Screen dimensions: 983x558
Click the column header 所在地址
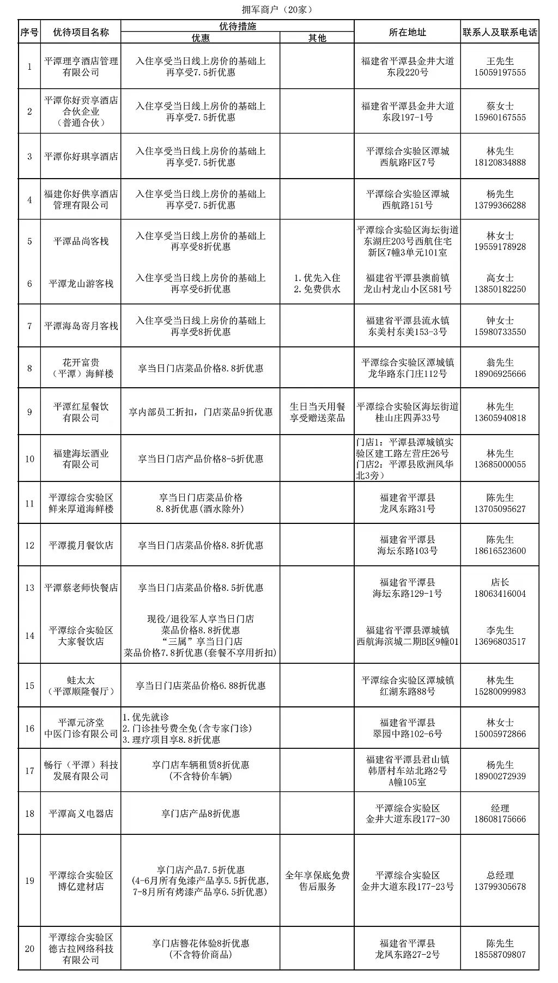pyautogui.click(x=407, y=32)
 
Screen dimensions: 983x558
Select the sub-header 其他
pyautogui.click(x=317, y=38)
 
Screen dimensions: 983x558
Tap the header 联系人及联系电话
pyautogui.click(x=500, y=32)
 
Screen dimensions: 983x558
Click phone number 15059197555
pyautogui.click(x=500, y=72)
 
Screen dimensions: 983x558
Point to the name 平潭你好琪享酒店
pyautogui.click(x=81, y=156)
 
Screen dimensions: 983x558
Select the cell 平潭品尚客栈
pyautogui.click(x=81, y=241)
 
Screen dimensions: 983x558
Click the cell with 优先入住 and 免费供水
pyautogui.click(x=317, y=284)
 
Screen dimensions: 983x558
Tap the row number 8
pyautogui.click(x=29, y=368)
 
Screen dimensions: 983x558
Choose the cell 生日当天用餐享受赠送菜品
pyautogui.click(x=317, y=412)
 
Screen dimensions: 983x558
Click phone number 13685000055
pyautogui.click(x=500, y=465)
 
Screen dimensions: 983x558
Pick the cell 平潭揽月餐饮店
pyautogui.click(x=81, y=545)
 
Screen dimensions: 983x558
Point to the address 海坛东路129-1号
pyautogui.click(x=407, y=594)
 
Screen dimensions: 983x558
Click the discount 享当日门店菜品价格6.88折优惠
pyautogui.click(x=200, y=686)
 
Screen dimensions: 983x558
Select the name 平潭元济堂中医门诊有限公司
pyautogui.click(x=81, y=728)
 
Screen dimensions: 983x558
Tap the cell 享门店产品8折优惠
pyautogui.click(x=200, y=814)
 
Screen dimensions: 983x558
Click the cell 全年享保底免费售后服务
pyautogui.click(x=317, y=881)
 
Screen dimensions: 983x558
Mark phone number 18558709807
pyautogui.click(x=500, y=955)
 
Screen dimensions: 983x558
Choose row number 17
pyautogui.click(x=29, y=771)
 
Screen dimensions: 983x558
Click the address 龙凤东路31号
pyautogui.click(x=407, y=509)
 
